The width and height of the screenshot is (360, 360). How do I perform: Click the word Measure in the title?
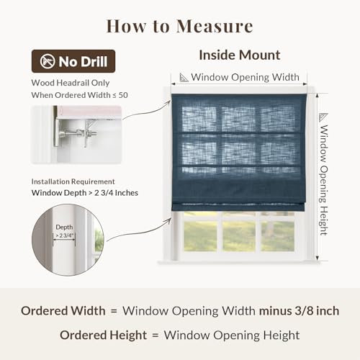pos(215,26)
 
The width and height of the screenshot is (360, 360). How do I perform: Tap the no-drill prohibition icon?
pos(48,61)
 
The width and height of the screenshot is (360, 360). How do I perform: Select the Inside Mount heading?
pos(240,55)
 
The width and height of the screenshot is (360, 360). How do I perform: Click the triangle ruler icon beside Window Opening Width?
pos(184,78)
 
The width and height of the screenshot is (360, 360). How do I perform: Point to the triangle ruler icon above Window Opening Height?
pos(323,117)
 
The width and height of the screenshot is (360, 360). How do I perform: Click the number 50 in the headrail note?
pos(123,95)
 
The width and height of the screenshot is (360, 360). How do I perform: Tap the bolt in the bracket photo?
pos(81,132)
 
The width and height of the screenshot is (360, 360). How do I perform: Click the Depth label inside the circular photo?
pos(64,227)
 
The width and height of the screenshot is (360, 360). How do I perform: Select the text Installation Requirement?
pos(73,181)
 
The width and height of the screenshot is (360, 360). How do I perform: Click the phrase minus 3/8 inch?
pos(300,311)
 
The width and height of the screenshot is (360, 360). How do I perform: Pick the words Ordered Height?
pos(103,336)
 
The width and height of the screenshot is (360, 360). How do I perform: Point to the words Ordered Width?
pos(63,311)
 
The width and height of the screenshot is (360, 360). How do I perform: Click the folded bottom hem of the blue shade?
pos(238,207)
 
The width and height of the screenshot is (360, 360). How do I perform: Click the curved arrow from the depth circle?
pos(139,230)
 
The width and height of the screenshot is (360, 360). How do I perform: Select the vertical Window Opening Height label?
pos(324,180)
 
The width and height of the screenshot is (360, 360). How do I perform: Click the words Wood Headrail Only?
pos(71,83)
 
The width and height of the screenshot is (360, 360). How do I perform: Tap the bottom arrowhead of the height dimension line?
pos(317,258)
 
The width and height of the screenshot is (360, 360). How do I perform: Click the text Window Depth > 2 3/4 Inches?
pos(85,193)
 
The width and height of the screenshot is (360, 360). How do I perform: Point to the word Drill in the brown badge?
pos(95,61)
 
